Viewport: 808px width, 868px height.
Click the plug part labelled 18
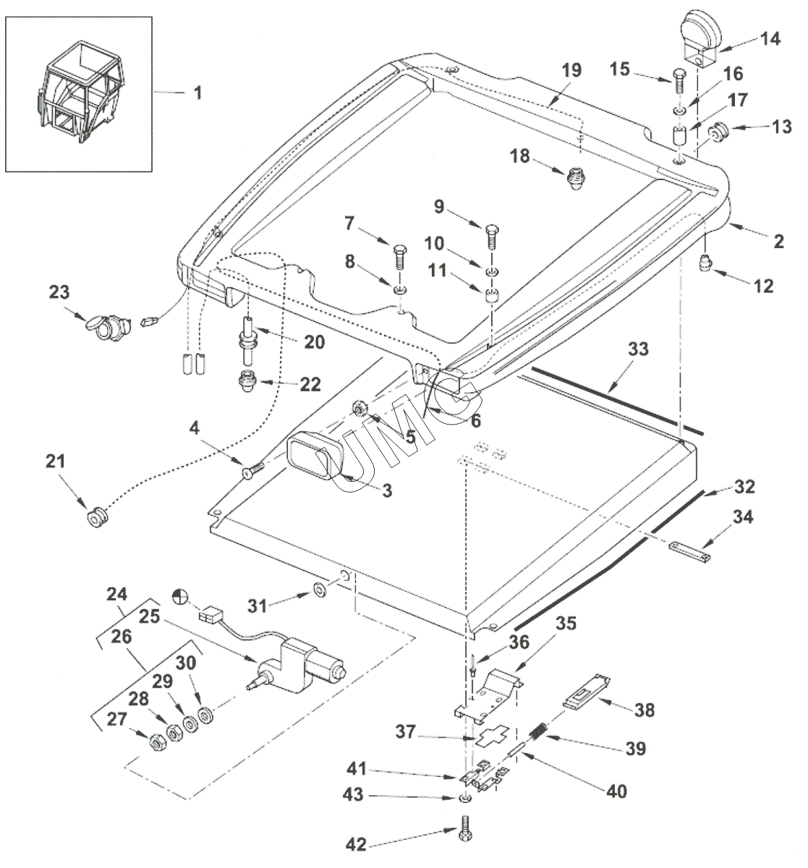coord(576,177)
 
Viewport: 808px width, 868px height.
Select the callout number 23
coord(59,293)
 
